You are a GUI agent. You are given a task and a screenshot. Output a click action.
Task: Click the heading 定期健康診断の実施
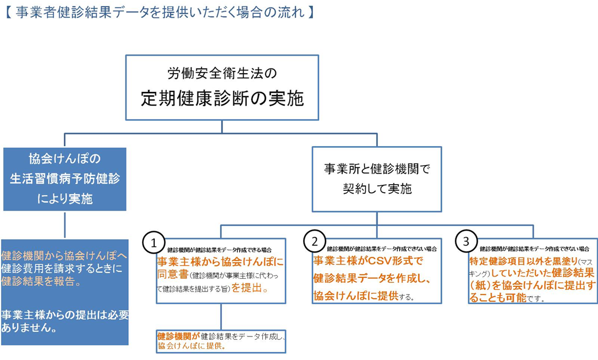222,98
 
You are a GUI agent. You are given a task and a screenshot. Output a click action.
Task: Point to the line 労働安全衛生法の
222,73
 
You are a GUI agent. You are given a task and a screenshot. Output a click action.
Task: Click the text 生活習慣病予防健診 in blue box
64,178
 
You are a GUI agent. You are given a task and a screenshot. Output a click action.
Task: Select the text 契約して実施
377,189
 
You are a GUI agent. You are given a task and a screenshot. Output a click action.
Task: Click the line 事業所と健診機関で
377,170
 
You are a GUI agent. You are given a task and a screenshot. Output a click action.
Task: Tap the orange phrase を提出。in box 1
251,289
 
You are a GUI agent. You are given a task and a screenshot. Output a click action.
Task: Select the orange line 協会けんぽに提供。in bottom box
191,347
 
